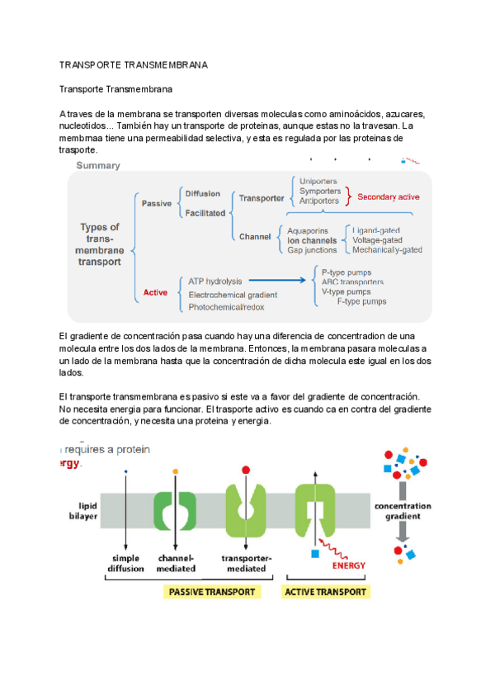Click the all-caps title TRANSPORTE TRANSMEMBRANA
point(134,64)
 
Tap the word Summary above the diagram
point(98,165)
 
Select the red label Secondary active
point(388,197)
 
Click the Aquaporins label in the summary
point(308,230)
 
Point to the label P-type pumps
point(346,272)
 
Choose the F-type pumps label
point(361,301)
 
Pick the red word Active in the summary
point(155,292)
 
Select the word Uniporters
point(318,180)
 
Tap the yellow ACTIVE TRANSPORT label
point(325,592)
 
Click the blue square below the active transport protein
point(315,552)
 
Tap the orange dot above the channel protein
point(176,471)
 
